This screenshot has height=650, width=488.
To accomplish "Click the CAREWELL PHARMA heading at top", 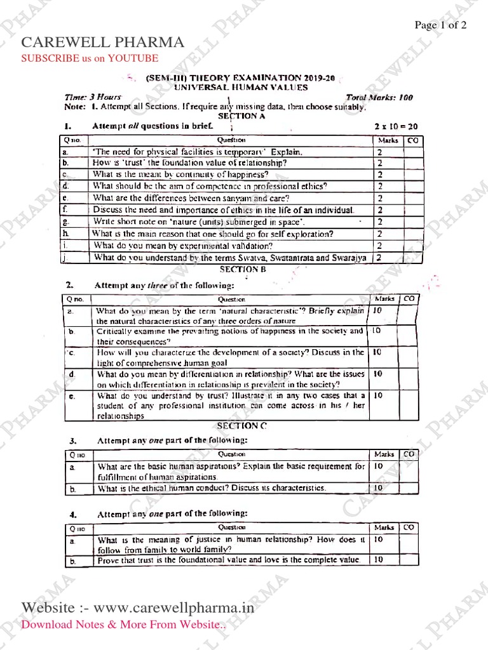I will [x=103, y=43].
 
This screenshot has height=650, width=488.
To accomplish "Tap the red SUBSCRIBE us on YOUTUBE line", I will [x=90, y=58].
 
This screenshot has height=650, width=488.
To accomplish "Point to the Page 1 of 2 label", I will [x=440, y=25].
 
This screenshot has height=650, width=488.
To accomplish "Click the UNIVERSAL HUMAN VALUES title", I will [x=241, y=88].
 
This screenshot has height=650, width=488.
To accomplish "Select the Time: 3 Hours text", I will [x=93, y=97].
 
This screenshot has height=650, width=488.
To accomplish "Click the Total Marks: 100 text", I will [x=379, y=98].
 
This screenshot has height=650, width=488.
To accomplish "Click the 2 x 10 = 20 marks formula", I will [x=396, y=126].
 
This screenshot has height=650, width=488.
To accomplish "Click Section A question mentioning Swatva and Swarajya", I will [x=229, y=258].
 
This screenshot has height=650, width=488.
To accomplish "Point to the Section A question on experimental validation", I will [x=183, y=246].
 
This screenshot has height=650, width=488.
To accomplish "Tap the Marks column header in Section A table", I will [x=388, y=139].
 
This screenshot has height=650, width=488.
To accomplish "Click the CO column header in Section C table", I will [x=409, y=454].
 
